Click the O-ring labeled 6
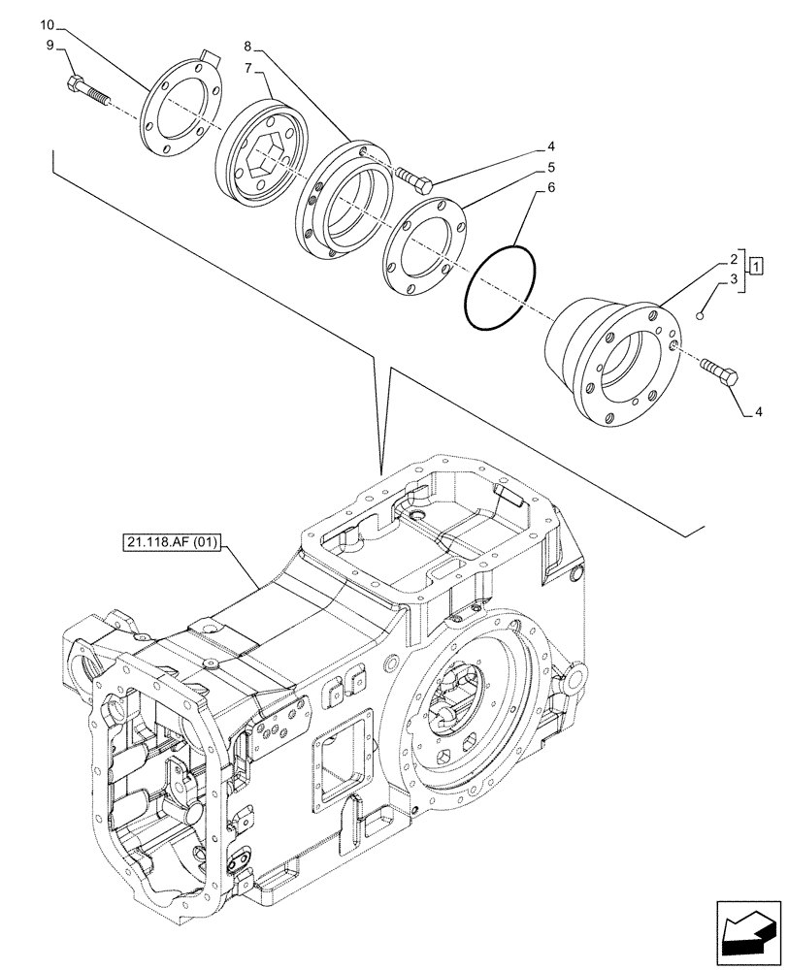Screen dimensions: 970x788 (499, 288)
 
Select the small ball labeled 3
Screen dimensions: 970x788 (701, 314)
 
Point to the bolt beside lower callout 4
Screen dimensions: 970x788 (719, 372)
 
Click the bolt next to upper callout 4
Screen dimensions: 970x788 (414, 178)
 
